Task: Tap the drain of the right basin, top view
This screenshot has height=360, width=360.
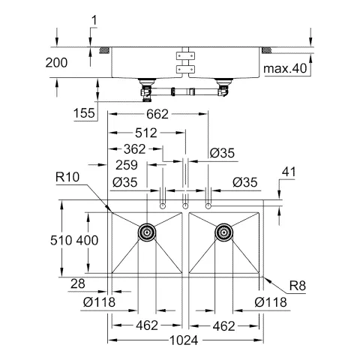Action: pos(223,232)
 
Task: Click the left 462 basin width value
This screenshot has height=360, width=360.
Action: pos(147,325)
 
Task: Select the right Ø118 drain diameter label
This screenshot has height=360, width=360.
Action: pos(271,302)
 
